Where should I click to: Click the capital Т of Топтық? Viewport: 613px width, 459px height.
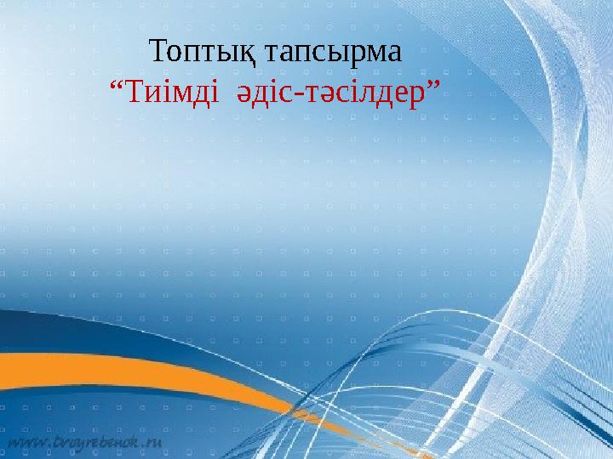pos(157,51)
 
